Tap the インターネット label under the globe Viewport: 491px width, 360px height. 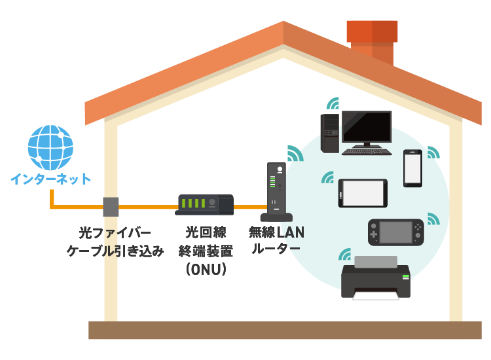[50, 179]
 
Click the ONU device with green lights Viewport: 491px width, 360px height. [204, 204]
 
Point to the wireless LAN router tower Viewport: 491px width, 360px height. [276, 193]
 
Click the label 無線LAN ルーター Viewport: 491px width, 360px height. [276, 240]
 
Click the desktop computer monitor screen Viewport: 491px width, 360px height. [367, 126]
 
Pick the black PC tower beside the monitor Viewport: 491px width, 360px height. [329, 134]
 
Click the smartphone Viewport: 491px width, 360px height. [412, 169]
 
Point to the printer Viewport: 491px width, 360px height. [375, 278]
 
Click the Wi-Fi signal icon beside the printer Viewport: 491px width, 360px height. [344, 254]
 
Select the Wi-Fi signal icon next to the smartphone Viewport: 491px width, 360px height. [433, 152]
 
